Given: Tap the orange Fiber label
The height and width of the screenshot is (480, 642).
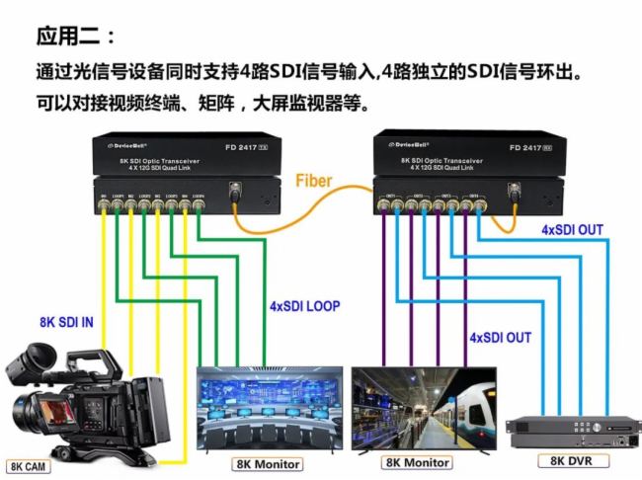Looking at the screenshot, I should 315,181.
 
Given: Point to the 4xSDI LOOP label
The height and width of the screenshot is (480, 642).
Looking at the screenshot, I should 304,306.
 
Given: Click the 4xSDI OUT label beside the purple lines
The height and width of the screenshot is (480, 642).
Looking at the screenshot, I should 500,338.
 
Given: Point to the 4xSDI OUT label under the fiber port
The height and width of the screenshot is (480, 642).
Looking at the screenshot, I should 572,230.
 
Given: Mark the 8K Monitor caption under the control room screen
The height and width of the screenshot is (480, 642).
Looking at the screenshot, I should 268,463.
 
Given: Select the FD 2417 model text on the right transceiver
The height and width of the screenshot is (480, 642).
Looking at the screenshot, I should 529,147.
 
